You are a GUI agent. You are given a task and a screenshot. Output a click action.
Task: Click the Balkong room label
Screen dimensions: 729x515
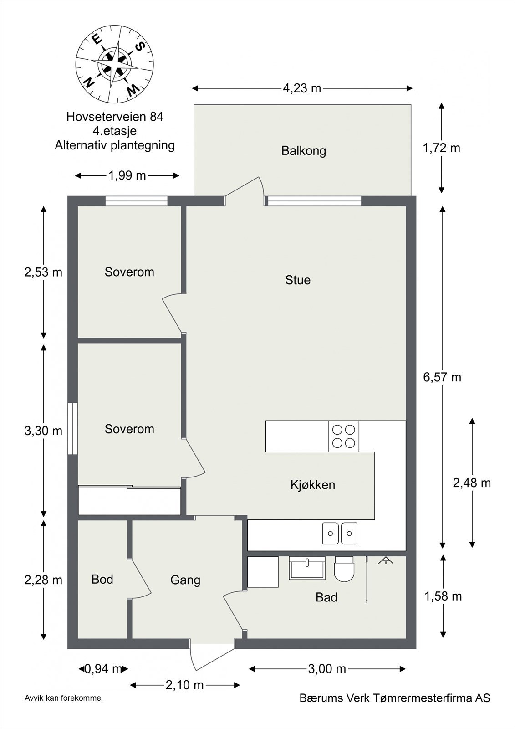tap(303, 151)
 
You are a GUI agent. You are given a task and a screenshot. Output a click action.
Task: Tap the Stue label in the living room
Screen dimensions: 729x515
tap(298, 280)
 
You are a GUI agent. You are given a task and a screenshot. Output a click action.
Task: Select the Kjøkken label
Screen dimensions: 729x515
tap(313, 485)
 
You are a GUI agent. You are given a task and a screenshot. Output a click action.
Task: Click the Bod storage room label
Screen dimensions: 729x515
tap(102, 579)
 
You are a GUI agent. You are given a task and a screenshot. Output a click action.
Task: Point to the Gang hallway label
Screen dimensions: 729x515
tap(185, 580)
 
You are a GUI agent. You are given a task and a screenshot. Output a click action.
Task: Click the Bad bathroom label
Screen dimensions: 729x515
tap(326, 597)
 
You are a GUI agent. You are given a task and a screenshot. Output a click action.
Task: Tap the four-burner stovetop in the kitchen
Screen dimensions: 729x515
tap(343, 436)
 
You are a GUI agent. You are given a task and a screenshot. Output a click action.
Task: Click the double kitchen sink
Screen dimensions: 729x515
tap(340, 533)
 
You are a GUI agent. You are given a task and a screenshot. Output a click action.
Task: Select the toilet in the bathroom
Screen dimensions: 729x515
tap(344, 570)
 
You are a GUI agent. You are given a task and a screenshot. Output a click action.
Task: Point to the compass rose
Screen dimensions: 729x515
tap(114, 64)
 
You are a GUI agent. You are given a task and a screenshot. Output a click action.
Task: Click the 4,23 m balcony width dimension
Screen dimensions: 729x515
tap(302, 88)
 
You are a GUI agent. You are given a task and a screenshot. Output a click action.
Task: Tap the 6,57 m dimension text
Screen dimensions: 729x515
tap(442, 377)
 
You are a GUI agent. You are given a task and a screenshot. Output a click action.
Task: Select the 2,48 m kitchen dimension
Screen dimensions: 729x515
tap(472, 483)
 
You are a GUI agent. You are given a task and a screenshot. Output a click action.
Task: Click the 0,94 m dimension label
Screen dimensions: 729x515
tap(103, 669)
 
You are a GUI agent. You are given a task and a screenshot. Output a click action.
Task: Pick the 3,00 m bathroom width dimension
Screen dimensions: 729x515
tap(327, 669)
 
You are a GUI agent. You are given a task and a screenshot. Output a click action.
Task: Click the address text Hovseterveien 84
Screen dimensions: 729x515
tap(115, 117)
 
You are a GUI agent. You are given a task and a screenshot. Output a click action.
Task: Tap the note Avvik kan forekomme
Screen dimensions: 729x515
tap(64, 698)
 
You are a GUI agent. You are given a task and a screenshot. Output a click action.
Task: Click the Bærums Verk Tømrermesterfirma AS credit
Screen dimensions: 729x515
tap(394, 698)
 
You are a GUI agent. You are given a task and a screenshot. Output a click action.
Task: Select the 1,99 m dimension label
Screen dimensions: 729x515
tap(127, 175)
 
